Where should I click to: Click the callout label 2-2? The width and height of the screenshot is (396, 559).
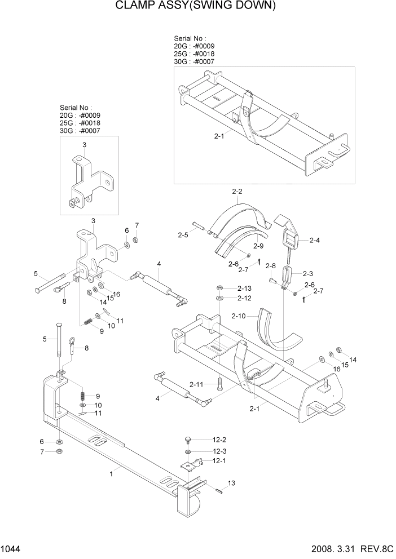tap(237, 192)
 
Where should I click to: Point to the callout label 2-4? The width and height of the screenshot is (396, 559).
tap(314, 240)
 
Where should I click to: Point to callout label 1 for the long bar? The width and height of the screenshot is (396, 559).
tap(112, 475)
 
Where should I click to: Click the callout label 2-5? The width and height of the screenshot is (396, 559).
tap(183, 234)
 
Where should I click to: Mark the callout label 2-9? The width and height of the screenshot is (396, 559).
tap(258, 246)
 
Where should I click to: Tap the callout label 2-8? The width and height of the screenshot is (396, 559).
tap(271, 265)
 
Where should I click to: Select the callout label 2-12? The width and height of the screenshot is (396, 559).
tap(244, 298)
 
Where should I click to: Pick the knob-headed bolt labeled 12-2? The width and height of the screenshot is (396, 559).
tap(188, 440)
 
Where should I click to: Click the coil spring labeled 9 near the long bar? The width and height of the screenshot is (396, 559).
tap(83, 396)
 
